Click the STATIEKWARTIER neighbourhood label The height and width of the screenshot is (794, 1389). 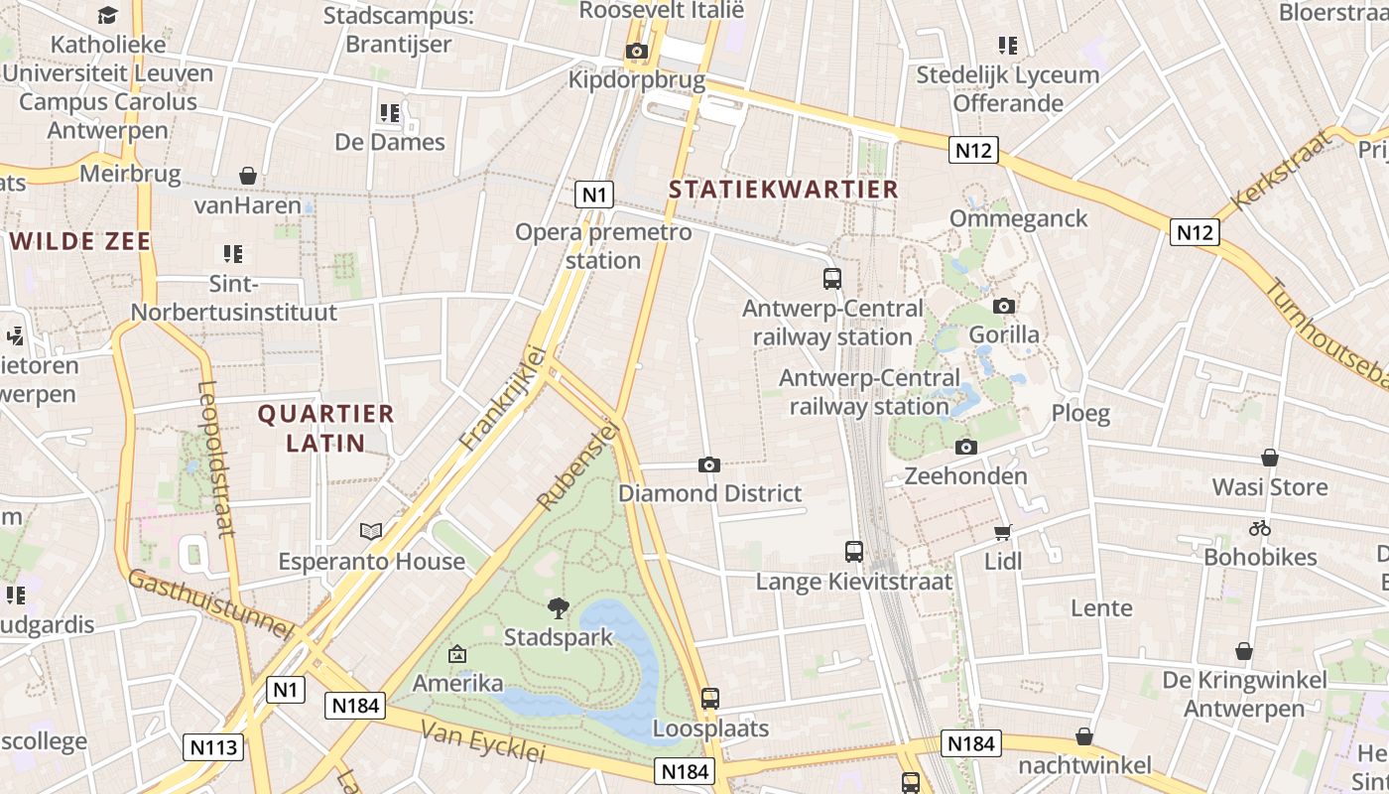783,189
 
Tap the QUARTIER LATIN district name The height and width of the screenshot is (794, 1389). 326,428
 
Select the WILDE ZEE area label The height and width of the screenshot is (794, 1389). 80,241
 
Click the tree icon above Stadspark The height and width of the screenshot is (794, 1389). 559,607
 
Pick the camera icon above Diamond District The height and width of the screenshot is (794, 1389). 709,464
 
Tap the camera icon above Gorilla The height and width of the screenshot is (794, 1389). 1004,306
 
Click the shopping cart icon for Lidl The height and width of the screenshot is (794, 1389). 1003,532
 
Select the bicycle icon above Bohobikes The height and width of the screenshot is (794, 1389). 1260,528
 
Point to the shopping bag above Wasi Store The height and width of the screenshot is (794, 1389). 1269,458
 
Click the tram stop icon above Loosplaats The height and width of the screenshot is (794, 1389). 709,699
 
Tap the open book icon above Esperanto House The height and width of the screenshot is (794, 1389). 371,532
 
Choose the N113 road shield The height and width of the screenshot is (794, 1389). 213,746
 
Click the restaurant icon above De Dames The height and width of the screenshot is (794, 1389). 389,113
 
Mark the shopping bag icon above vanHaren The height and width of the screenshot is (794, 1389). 247,176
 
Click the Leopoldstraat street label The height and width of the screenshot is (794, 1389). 216,459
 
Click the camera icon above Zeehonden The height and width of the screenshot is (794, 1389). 965,448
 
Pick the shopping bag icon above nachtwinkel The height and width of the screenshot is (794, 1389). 1084,736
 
